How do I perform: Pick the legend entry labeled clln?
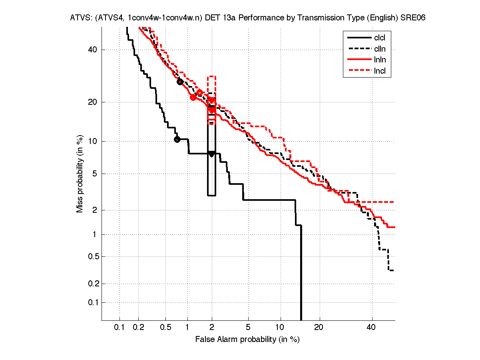(380, 49)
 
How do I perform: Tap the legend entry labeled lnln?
(380, 60)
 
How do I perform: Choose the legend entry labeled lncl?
(380, 71)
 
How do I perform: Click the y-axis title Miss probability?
(80, 174)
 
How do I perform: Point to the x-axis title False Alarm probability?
(247, 340)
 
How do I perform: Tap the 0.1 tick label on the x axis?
(120, 328)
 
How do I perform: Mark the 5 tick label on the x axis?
(248, 328)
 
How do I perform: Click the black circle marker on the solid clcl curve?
(177, 139)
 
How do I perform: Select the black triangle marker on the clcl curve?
(212, 154)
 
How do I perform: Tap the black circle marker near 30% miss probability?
(180, 82)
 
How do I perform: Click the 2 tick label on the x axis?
(212, 328)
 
